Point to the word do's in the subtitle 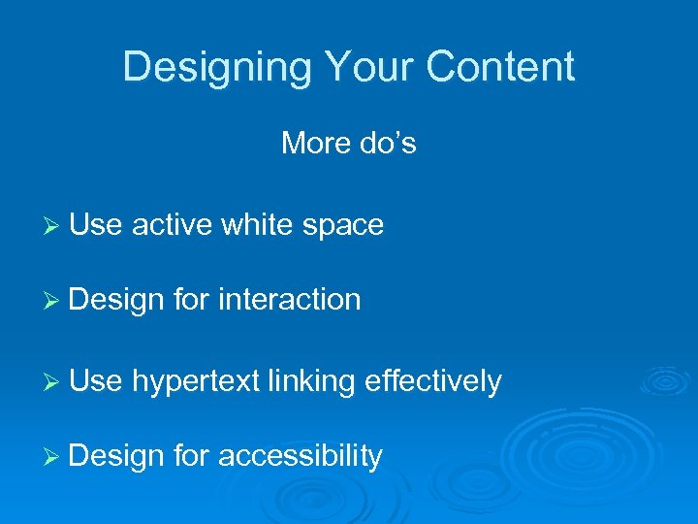[388, 144]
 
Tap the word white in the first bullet [258, 225]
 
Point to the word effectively [433, 382]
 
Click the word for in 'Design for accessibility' [192, 456]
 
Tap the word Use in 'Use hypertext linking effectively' [96, 382]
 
